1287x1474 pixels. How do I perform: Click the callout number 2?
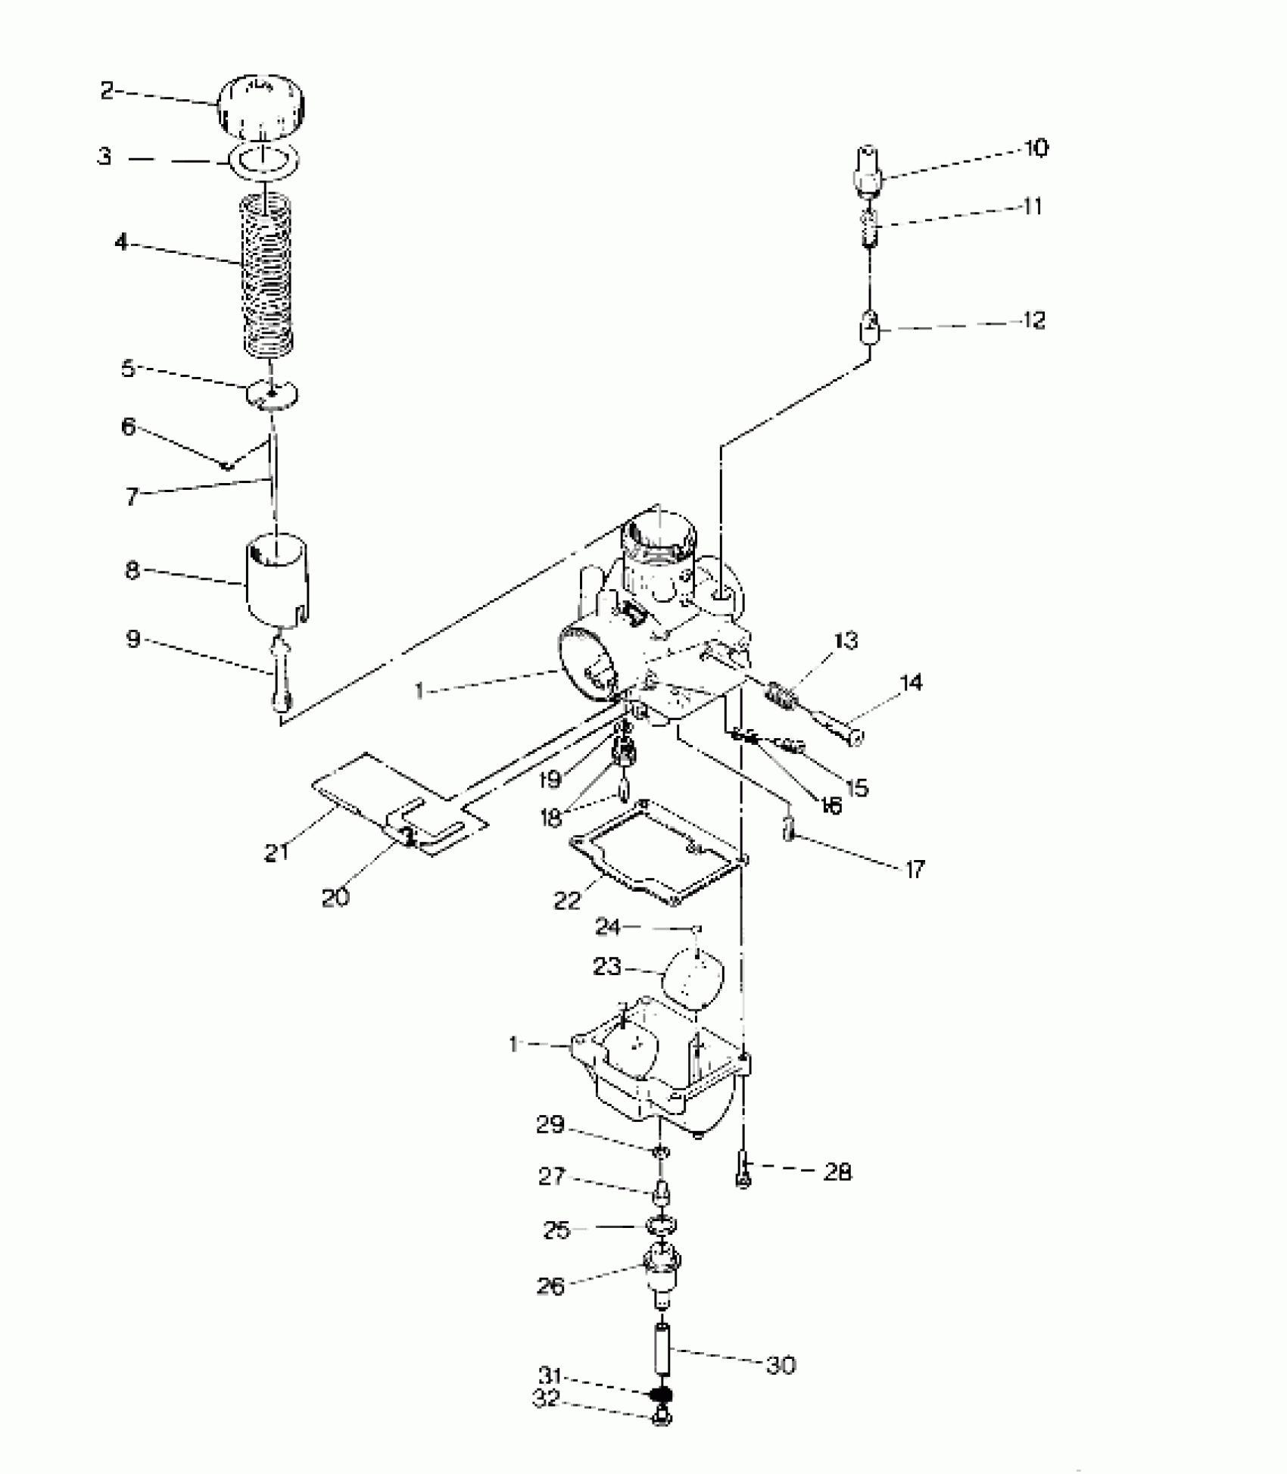pos(106,92)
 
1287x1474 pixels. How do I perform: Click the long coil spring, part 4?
pos(266,276)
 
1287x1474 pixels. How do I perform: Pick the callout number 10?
pos(1036,148)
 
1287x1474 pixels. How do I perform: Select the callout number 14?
pos(911,683)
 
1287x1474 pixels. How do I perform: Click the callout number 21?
pos(276,852)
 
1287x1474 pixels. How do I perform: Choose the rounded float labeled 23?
pos(693,977)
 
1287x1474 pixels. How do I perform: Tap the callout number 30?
pos(781,1366)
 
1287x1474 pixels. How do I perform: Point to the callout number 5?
pos(128,369)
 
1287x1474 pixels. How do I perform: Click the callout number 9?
pos(132,640)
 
